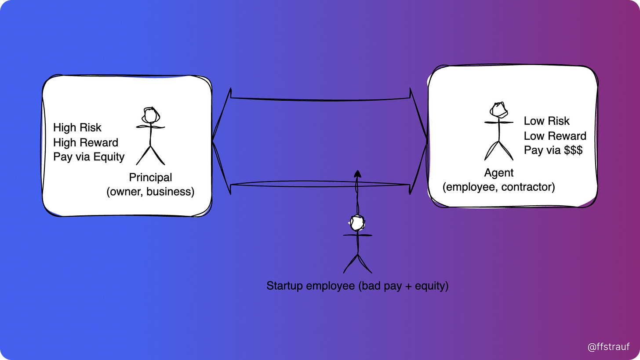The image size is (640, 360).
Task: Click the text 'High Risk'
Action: [77, 127]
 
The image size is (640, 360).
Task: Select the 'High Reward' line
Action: [86, 142]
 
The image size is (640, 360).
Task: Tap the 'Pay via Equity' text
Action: [89, 157]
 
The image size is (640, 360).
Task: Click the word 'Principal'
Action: [150, 178]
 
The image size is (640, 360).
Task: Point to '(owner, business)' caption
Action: [150, 192]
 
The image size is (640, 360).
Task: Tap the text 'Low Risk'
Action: [546, 121]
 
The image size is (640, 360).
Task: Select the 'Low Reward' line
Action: [555, 136]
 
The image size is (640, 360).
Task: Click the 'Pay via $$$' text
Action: [553, 150]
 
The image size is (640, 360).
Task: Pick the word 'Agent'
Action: [499, 173]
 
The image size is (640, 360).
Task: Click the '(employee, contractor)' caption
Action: [499, 187]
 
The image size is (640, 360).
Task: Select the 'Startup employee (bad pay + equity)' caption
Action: [357, 286]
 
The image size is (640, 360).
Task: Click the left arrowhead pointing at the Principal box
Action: [220, 141]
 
